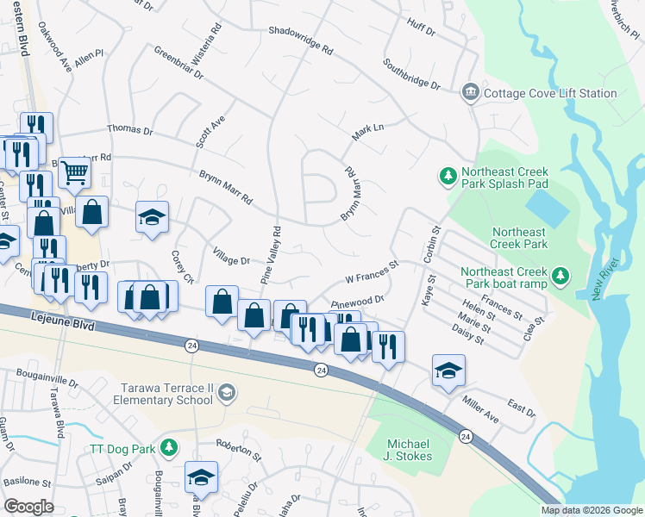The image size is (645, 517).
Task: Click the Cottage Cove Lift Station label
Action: point(549,93)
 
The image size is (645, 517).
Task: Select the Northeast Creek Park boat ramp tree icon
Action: point(561,275)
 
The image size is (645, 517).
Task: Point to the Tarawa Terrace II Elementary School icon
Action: point(226,394)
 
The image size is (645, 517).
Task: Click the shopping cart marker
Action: point(75,174)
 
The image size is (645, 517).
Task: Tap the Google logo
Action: point(28,507)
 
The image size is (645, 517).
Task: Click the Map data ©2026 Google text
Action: point(591,510)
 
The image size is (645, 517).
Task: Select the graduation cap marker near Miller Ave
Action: point(448,371)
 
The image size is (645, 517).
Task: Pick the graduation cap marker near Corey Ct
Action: point(152,217)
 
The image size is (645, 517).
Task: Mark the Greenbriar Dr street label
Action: point(178,64)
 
